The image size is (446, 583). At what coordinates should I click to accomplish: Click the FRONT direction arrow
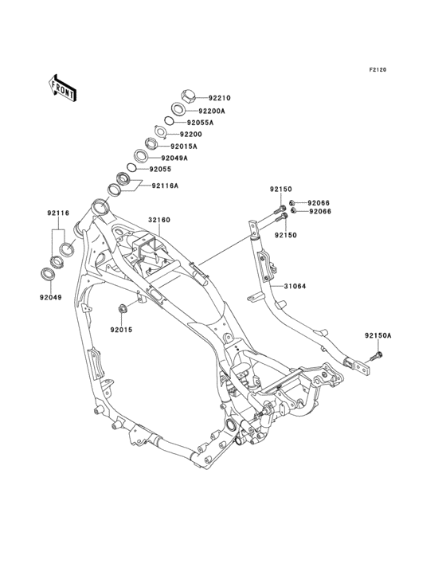click(62, 88)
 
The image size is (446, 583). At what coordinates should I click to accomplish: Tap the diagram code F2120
click(378, 69)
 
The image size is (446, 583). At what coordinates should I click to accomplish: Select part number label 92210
click(220, 98)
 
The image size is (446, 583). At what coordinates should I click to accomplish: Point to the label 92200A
click(212, 111)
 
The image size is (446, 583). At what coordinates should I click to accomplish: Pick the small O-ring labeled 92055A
click(169, 121)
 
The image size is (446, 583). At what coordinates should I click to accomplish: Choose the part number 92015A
click(184, 147)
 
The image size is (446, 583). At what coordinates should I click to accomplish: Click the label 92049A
click(174, 158)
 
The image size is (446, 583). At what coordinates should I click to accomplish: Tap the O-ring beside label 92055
click(132, 168)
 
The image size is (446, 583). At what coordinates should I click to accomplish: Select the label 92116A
click(165, 186)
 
